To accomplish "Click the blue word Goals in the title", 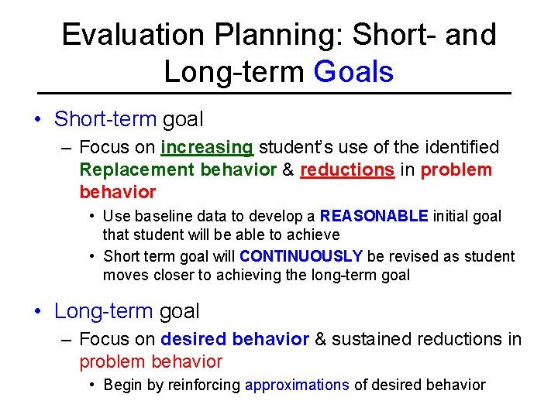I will point(353,72).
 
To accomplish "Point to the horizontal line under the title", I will point(279,93).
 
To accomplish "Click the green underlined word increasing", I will point(207,147).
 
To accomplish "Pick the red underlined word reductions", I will point(346,170).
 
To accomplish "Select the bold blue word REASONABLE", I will point(374,216).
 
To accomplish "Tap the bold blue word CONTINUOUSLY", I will point(301,256).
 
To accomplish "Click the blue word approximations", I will point(297,385).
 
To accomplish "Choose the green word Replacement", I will point(137,170).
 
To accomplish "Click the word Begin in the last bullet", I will point(122,385).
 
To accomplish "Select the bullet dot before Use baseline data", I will point(92,217).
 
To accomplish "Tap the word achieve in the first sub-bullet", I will point(314,234).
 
